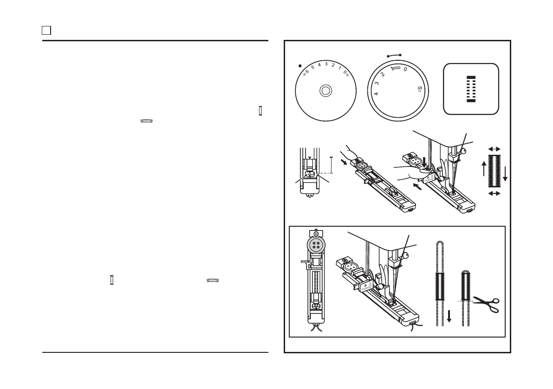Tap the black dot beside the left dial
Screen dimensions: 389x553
click(300, 66)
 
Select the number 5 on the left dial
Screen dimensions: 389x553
click(312, 67)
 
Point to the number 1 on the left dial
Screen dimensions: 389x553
click(339, 68)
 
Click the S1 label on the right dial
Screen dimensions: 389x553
click(420, 89)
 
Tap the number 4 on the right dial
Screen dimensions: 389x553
click(376, 94)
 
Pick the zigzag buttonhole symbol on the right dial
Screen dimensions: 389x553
click(396, 68)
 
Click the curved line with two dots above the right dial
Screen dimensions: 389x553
click(393, 55)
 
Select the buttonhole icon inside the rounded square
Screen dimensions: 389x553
click(471, 88)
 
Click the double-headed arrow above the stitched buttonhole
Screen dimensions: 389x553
click(494, 149)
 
